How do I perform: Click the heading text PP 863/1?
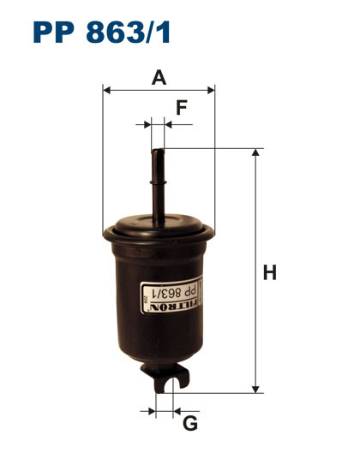pos(102,33)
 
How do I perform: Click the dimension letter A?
pos(159,77)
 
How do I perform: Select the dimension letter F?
pos(181,108)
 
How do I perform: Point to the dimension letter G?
pos(190,422)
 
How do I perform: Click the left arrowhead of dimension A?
pos(106,88)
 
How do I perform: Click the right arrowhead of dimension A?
pos(210,88)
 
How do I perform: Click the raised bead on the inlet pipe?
pos(158,182)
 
